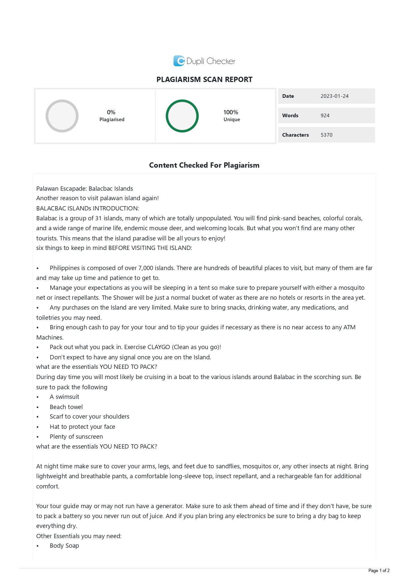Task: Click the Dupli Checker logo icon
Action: pyautogui.click(x=179, y=61)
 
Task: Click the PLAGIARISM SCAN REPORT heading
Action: pyautogui.click(x=204, y=80)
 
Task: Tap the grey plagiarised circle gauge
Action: pyautogui.click(x=62, y=116)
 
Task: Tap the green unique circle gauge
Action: pyautogui.click(x=182, y=116)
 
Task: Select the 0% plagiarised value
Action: pyautogui.click(x=111, y=112)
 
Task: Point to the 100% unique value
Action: pyautogui.click(x=231, y=112)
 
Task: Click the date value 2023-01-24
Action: pyautogui.click(x=334, y=96)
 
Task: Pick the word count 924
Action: pyautogui.click(x=325, y=116)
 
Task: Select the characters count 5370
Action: pyautogui.click(x=326, y=135)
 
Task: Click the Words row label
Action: pyautogui.click(x=290, y=116)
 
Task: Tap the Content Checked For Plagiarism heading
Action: pyautogui.click(x=204, y=165)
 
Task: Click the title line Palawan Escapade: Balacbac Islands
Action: pyautogui.click(x=85, y=189)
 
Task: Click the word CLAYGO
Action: pyautogui.click(x=159, y=347)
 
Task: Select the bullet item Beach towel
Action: pyautogui.click(x=66, y=407)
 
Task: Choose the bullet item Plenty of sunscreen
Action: pyautogui.click(x=76, y=437)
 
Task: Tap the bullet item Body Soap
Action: pyautogui.click(x=64, y=546)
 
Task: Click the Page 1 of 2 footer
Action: pyautogui.click(x=379, y=570)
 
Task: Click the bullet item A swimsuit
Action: pyautogui.click(x=64, y=397)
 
